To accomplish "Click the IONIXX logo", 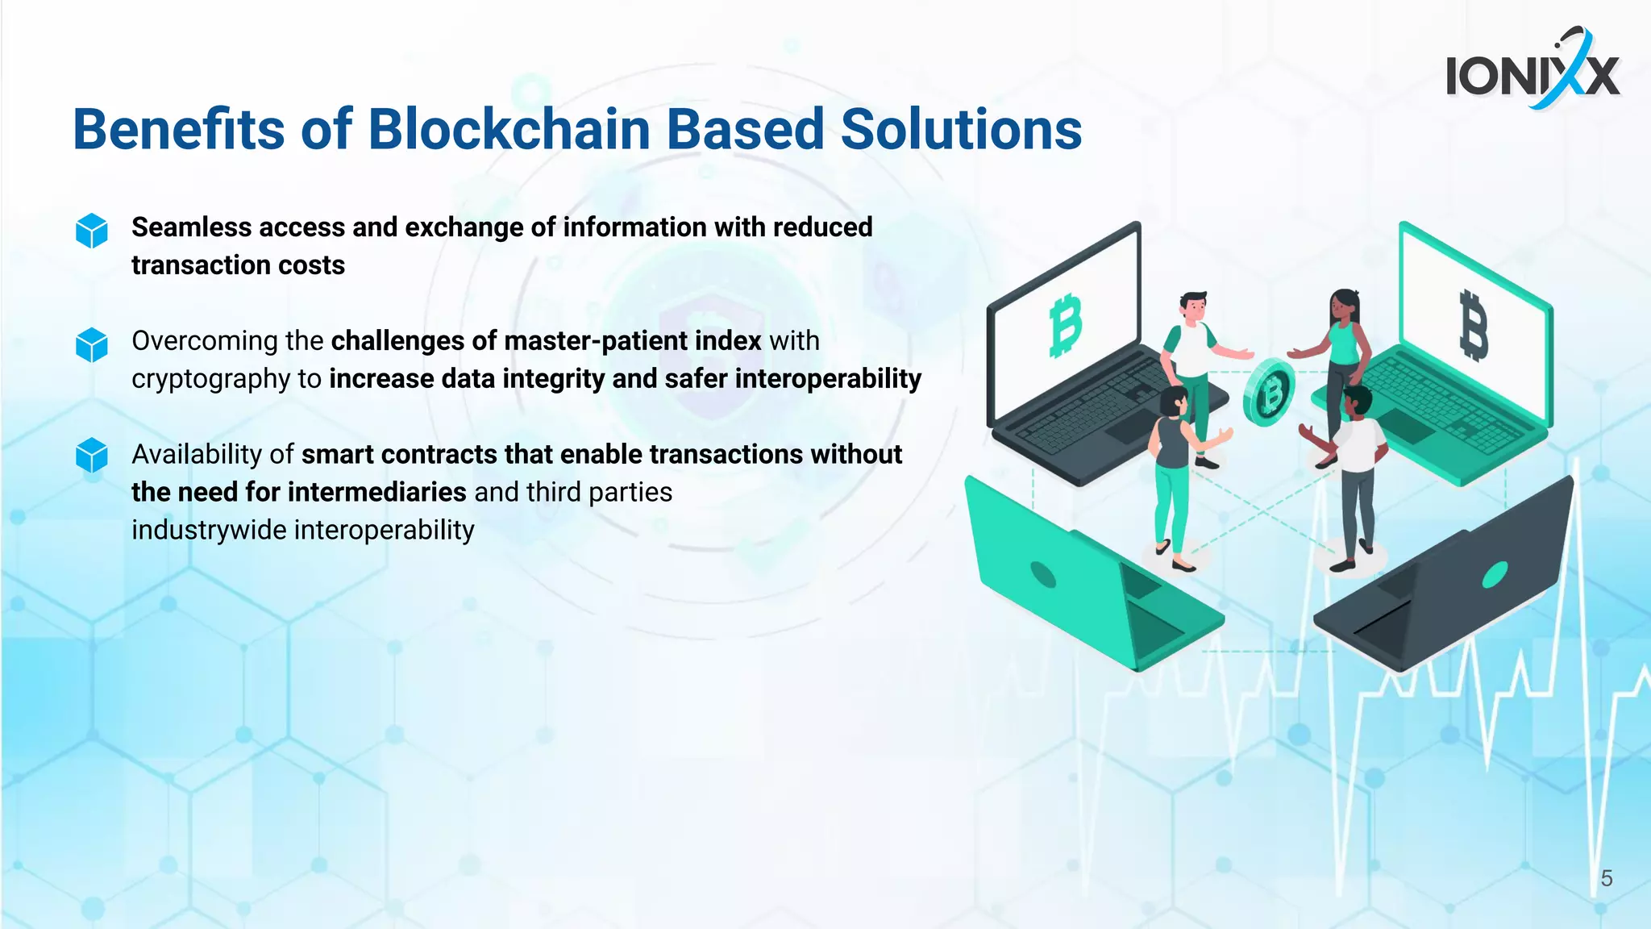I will click(x=1532, y=74).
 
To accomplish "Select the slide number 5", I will click(x=1606, y=878).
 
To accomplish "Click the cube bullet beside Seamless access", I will click(x=92, y=231).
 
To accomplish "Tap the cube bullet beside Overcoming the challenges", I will click(x=92, y=344).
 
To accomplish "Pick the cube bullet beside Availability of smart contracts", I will click(x=92, y=455).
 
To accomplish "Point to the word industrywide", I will click(x=209, y=530).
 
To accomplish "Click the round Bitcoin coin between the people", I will click(x=1268, y=394).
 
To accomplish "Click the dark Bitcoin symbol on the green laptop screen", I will click(x=1474, y=325).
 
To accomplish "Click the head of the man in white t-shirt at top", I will click(x=1193, y=306).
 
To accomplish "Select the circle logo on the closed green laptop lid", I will click(x=1043, y=575).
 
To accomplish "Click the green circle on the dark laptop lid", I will click(x=1495, y=574).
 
